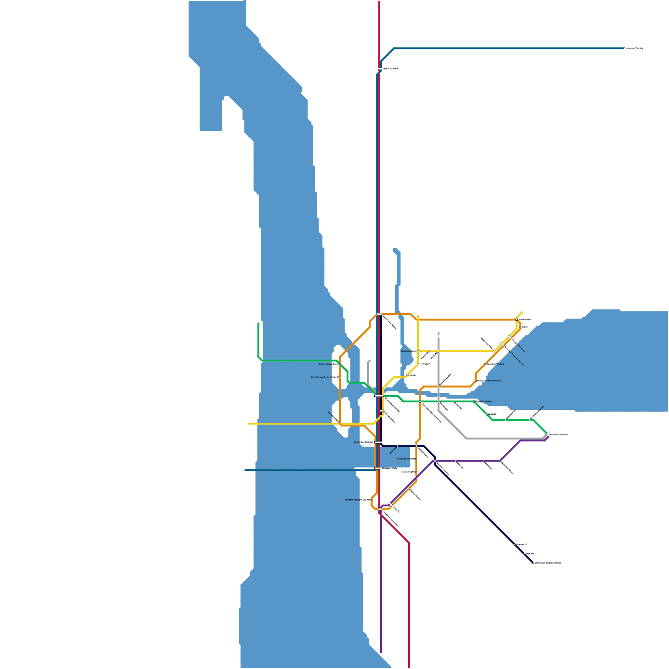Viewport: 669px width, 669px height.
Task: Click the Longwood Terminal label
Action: pos(634,49)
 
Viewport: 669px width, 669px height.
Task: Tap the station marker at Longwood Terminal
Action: pos(625,49)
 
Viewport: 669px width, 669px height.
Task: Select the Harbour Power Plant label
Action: pos(406,459)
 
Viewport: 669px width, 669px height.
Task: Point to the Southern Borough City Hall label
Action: pos(357,500)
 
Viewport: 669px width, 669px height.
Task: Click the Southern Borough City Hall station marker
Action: pos(372,500)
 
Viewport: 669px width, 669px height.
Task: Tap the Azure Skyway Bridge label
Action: pos(324,377)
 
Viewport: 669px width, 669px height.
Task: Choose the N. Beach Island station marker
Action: pos(340,364)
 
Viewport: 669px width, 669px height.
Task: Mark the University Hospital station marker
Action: pos(474,401)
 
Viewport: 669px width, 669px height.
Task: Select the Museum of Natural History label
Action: pos(489,381)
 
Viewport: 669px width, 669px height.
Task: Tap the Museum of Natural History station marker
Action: pos(476,381)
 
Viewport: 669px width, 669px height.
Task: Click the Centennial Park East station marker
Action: pos(485,364)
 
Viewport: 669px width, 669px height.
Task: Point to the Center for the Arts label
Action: pos(514,356)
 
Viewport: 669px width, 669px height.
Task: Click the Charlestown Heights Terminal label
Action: pos(548,563)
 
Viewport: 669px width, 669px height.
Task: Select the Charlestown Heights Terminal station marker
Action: pos(534,563)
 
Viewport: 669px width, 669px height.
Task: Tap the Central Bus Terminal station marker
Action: pos(378,442)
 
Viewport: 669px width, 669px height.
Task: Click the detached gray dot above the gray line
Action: pos(438,334)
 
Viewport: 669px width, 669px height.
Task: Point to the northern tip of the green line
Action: pos(258,323)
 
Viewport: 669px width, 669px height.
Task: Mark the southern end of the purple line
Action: pos(381,651)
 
